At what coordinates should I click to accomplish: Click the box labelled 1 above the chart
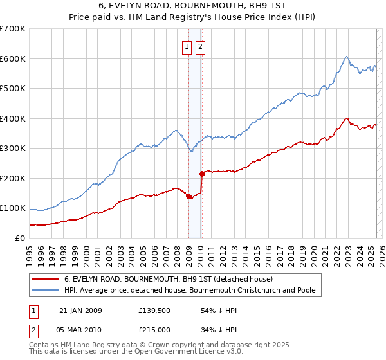coord(187,46)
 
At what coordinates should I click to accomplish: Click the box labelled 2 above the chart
coord(200,46)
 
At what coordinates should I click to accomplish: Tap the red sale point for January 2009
coord(188,197)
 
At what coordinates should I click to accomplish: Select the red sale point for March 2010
coord(202,174)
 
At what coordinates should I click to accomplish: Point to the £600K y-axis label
coord(12,59)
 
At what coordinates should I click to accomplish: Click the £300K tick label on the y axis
coord(12,148)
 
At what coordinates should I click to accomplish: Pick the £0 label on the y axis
coord(20,238)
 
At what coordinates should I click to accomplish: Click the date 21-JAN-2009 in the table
coord(80,310)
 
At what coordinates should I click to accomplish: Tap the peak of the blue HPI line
coord(346,57)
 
